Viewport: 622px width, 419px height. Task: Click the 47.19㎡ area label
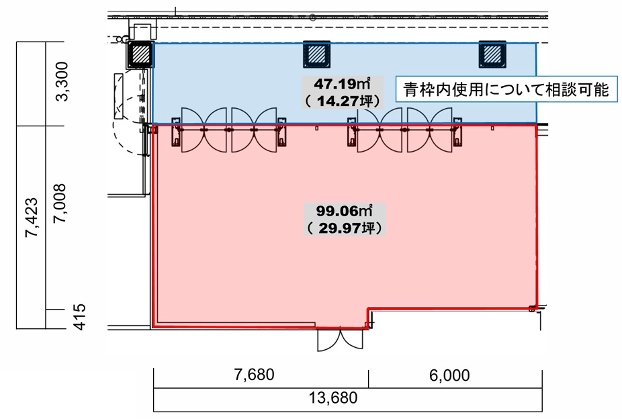pos(342,84)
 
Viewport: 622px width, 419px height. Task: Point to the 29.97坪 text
pos(345,228)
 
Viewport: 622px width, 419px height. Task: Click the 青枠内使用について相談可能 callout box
pos(506,89)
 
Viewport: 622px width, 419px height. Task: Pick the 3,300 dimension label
pos(62,81)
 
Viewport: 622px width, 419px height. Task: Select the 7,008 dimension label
pos(60,203)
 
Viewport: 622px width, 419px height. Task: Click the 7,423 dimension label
pos(32,218)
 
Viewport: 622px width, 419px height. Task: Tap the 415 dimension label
pos(80,317)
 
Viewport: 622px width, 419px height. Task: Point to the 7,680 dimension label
pos(254,375)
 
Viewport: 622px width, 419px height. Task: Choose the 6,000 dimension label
pos(449,375)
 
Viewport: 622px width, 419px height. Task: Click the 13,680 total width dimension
pos(333,398)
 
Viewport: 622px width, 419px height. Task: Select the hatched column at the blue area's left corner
pos(140,54)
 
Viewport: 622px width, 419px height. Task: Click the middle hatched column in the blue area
pos(316,54)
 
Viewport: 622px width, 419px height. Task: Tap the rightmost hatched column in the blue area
pos(492,54)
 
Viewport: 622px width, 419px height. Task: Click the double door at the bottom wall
pos(340,340)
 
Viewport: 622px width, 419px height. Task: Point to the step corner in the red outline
pos(368,309)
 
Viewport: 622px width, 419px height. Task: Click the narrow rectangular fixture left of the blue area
pos(119,96)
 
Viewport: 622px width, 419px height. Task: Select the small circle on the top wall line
pos(312,17)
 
